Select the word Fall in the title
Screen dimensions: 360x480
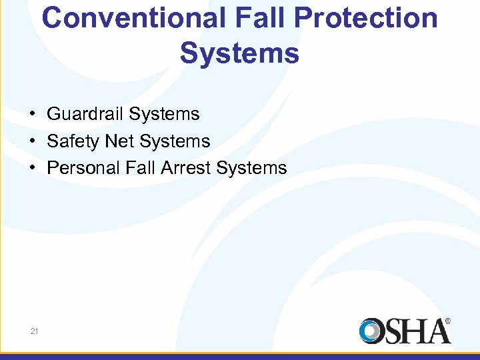(254, 18)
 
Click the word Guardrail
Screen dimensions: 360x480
(85, 114)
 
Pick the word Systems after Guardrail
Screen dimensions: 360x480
(164, 114)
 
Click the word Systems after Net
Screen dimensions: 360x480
(175, 141)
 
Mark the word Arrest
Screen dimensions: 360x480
(187, 168)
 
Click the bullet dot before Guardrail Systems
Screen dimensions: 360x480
(32, 114)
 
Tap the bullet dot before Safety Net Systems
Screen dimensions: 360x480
(32, 141)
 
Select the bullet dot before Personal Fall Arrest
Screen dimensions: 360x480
(32, 168)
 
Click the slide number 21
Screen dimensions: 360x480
(34, 331)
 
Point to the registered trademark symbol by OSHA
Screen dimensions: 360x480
(447, 321)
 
